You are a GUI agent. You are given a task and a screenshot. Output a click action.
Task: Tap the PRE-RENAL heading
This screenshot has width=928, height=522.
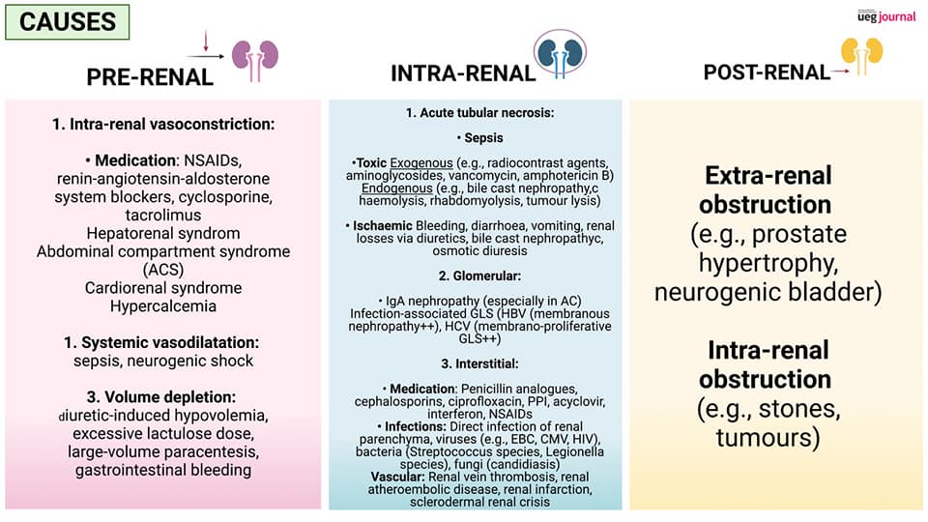point(150,78)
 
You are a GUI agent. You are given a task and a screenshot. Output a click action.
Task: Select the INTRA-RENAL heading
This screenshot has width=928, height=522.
point(463,73)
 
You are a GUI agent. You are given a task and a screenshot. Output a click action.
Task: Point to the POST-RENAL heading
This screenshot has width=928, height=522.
point(767,72)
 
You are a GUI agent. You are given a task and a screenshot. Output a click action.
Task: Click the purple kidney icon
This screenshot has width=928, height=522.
point(256,57)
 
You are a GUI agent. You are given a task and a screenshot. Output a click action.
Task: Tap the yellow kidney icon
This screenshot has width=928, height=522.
point(862,56)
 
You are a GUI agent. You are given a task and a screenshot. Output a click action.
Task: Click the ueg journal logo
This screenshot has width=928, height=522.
point(885,15)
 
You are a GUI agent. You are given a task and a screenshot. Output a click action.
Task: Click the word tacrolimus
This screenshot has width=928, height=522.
point(162,215)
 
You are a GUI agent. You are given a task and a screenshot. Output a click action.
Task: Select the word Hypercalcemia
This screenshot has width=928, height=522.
point(162,305)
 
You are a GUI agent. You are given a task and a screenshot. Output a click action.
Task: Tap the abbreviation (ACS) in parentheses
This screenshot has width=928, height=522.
point(162,269)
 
